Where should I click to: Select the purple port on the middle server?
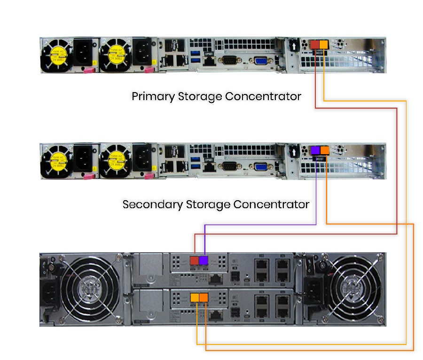coord(315,150)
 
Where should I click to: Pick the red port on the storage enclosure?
coord(194,261)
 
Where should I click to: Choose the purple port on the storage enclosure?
coord(204,261)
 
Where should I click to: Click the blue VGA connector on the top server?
coord(260,60)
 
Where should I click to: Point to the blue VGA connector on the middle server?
coord(260,165)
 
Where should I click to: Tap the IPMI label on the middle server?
coord(209,160)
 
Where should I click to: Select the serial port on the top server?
coord(230,60)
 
